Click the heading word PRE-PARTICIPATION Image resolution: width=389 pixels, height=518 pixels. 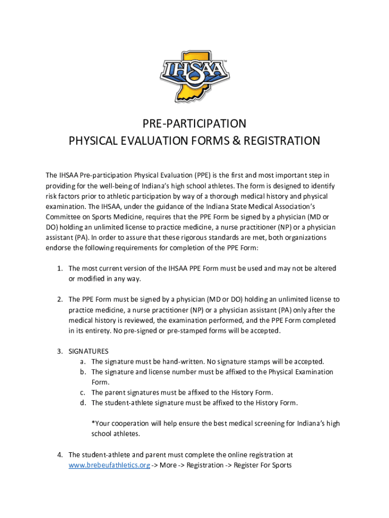(x=194, y=123)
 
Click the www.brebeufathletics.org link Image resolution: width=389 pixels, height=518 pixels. (x=109, y=465)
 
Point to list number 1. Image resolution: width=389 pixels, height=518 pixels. (x=59, y=268)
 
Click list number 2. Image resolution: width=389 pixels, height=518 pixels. (x=59, y=299)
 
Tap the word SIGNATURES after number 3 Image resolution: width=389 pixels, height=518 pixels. (x=88, y=351)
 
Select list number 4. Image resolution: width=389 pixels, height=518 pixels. (x=59, y=455)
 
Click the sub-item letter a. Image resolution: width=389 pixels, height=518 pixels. (x=82, y=362)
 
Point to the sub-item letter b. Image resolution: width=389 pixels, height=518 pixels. (x=82, y=372)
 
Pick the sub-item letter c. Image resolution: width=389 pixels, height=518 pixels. (x=82, y=393)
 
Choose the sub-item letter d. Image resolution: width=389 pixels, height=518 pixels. (x=82, y=403)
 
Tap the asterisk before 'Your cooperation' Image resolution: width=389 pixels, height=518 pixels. (x=92, y=423)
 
